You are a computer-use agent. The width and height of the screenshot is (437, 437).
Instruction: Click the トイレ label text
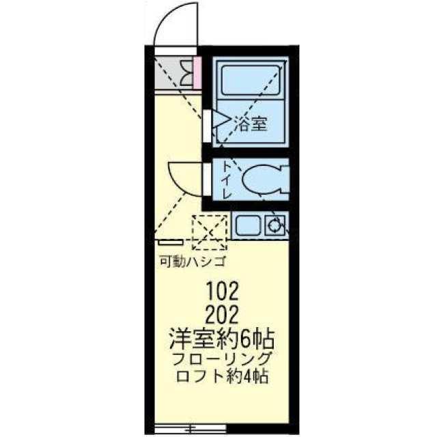(227, 179)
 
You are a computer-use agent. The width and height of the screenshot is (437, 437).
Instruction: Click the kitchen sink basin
(249, 224)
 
